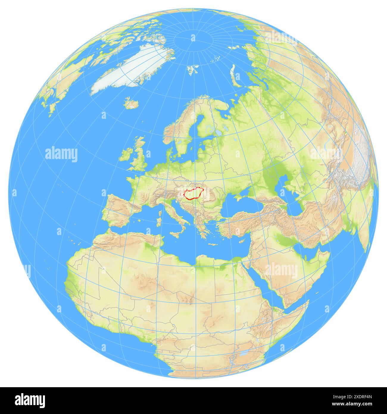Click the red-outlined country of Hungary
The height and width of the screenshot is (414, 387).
[x=193, y=194]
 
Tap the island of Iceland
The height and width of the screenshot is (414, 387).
[x=131, y=104]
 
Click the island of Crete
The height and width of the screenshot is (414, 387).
[x=213, y=245]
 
